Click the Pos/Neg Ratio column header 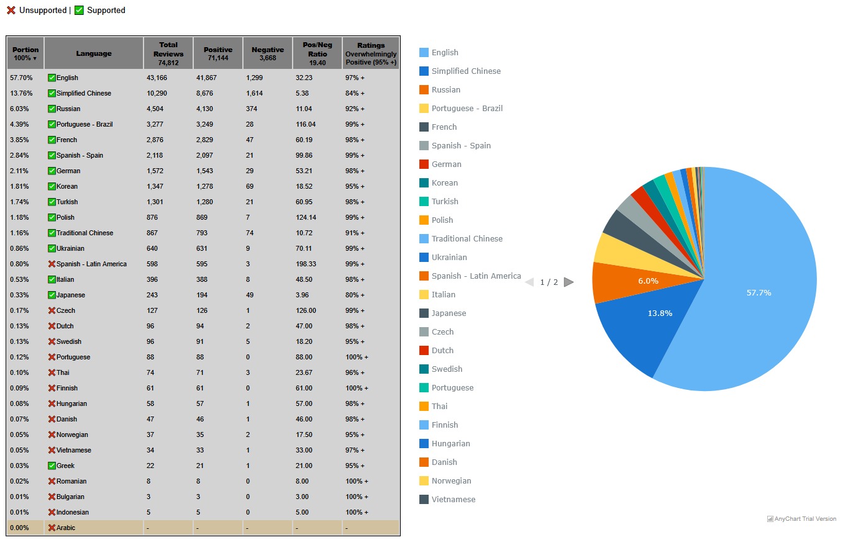tap(317, 53)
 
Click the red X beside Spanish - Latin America tap(52, 264)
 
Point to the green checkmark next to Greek tap(52, 466)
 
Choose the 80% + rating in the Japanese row tap(355, 295)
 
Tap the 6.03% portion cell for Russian tap(21, 109)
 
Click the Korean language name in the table tap(67, 186)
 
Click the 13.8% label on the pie tap(660, 313)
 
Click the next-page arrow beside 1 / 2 tap(568, 282)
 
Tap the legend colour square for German tap(424, 164)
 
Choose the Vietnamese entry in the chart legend tap(454, 500)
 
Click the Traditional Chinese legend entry tap(467, 239)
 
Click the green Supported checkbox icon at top tap(79, 11)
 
